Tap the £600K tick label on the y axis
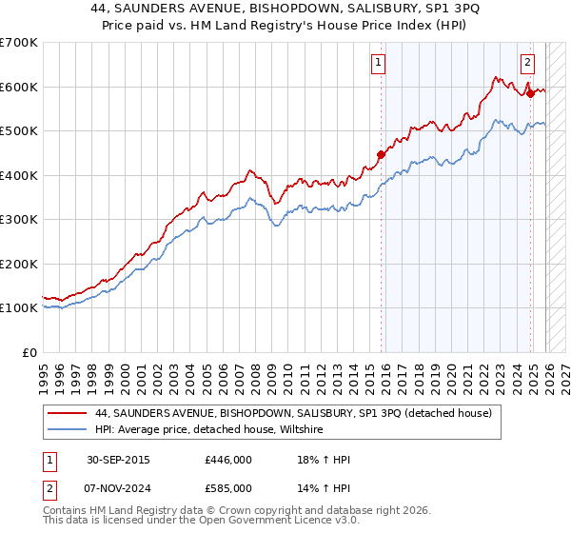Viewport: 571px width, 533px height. (18, 87)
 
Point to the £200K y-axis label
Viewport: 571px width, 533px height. (18, 264)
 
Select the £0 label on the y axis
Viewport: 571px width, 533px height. (29, 352)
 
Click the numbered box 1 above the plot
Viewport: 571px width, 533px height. (379, 64)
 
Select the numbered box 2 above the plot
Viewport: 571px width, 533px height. (527, 64)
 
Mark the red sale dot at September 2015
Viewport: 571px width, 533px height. (381, 154)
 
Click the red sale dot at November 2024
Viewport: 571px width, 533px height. (530, 93)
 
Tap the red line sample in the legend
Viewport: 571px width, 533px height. (66, 413)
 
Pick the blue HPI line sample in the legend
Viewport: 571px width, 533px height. (66, 430)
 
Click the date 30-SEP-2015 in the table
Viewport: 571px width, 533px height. (117, 460)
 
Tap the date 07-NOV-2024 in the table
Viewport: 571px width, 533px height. (118, 487)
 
